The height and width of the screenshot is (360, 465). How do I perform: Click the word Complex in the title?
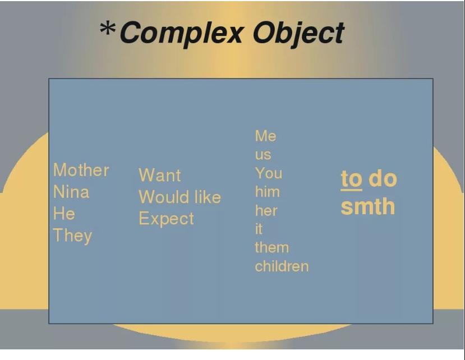pos(182,34)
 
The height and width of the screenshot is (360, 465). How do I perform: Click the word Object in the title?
pos(298,34)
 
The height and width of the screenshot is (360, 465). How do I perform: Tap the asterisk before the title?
pos(107,29)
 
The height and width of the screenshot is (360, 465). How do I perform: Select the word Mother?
pos(81,170)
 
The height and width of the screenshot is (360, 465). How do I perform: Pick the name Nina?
pos(71,192)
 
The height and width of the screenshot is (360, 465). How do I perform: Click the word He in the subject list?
pos(64,214)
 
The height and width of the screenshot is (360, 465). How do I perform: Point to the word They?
pos(73,236)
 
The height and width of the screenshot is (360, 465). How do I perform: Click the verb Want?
pos(160,175)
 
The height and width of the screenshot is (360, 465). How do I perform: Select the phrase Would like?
pos(179,197)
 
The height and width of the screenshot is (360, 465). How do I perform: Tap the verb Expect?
pos(167,219)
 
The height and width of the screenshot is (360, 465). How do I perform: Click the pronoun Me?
pos(266,136)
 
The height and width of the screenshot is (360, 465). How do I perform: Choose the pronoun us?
pos(263,155)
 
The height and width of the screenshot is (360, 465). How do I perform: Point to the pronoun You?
pos(269,173)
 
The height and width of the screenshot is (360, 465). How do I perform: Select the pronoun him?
pos(268,192)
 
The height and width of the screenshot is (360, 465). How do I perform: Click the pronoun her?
pos(266,210)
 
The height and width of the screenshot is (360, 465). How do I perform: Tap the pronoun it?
pos(259,229)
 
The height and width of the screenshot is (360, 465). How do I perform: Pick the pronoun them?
pos(272,248)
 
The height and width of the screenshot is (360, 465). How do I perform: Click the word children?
pos(282,266)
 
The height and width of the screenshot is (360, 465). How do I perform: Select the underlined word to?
pos(352,179)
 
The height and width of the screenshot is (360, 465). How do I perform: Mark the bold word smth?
pos(368,206)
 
